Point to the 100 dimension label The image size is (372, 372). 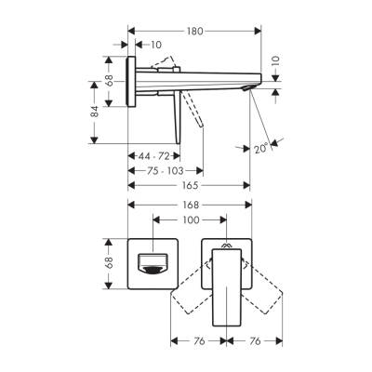click(190, 220)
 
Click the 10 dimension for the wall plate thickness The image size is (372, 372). click(154, 44)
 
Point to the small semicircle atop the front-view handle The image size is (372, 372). click(226, 245)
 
